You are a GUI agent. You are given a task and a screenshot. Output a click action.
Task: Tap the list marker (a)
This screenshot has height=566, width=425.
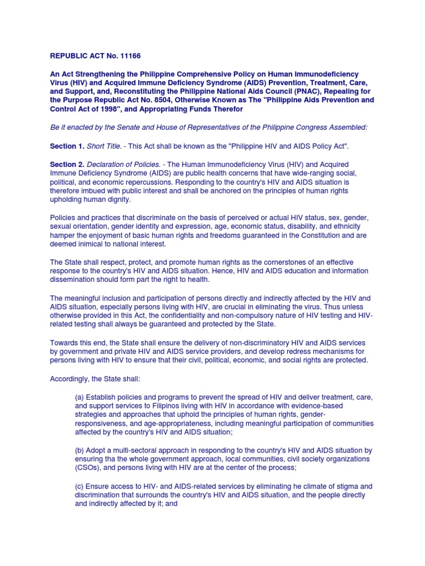click(x=80, y=397)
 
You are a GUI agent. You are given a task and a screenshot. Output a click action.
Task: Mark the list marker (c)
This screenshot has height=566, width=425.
click(x=80, y=486)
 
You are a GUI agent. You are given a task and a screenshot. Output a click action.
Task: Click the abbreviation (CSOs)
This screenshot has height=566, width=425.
click(x=87, y=468)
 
